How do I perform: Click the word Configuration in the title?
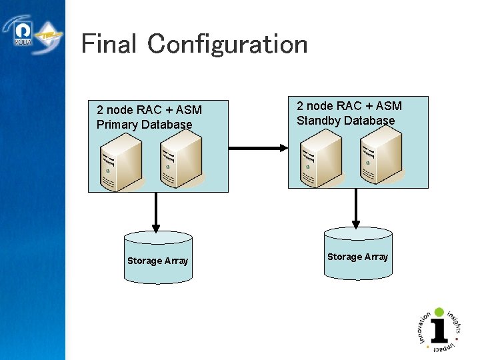227,45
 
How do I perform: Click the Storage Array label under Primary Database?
158,261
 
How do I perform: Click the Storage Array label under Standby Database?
357,257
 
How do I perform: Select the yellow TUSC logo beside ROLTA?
48,35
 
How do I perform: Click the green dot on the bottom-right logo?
439,311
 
